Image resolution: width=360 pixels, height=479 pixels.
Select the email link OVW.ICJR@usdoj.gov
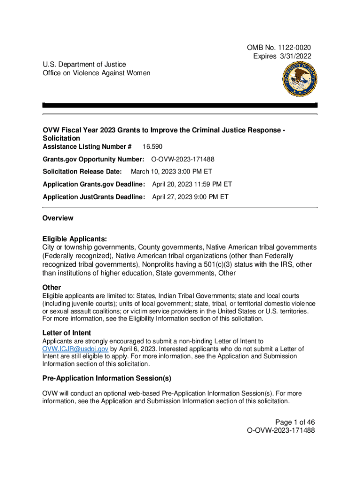75,348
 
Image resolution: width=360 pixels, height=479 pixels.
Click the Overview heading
58,218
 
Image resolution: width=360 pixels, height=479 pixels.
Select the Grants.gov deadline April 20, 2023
192,184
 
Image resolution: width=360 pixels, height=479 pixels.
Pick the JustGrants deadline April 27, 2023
190,197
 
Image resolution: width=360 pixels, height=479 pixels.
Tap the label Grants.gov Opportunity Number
94,160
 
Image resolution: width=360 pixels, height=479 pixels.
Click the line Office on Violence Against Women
96,73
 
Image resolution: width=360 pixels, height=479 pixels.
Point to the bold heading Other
51,287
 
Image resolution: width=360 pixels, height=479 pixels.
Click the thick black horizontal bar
180,105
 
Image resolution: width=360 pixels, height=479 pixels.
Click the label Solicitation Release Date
82,172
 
